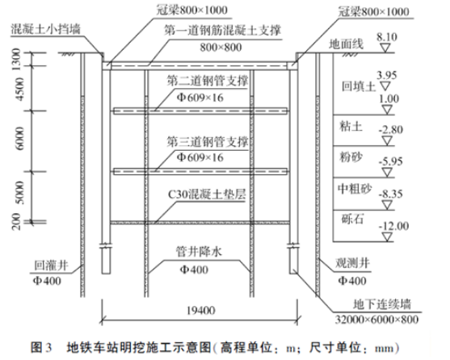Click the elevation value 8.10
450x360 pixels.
(x=386, y=37)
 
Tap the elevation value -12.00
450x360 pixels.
(x=393, y=226)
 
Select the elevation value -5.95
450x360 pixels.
(x=390, y=161)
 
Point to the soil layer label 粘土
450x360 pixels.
(x=351, y=126)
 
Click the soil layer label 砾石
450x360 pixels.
(x=352, y=220)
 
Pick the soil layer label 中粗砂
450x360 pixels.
(x=355, y=189)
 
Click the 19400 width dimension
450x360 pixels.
(x=200, y=311)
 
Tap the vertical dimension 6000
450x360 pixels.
(x=20, y=139)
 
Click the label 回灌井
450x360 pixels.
(x=52, y=266)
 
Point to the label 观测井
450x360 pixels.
(x=353, y=263)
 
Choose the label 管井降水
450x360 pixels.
(x=199, y=252)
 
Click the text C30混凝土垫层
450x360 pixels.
(x=207, y=195)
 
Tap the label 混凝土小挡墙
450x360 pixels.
(x=45, y=29)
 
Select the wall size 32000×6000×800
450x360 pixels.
(x=376, y=320)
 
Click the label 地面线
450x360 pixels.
(x=346, y=44)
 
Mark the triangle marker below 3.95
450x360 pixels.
(x=385, y=86)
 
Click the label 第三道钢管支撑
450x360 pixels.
(x=208, y=142)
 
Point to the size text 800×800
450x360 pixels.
(x=221, y=48)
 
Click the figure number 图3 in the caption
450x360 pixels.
(x=41, y=347)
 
